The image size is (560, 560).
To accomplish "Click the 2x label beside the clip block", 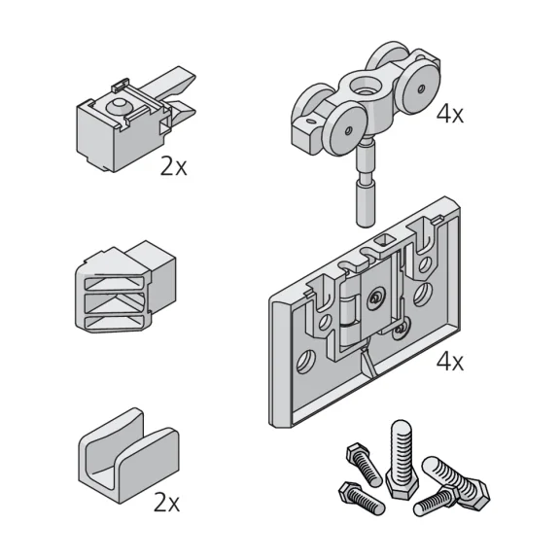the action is pyautogui.click(x=173, y=166).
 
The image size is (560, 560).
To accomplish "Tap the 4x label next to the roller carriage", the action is pyautogui.click(x=449, y=115).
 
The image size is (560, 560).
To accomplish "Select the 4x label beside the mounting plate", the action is pyautogui.click(x=449, y=362).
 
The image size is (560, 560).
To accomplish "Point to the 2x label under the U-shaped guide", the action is pyautogui.click(x=166, y=502).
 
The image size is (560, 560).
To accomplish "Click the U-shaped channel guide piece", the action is pyautogui.click(x=128, y=455).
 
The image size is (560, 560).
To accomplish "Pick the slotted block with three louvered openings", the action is pyautogui.click(x=125, y=286).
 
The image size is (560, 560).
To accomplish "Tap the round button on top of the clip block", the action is pyautogui.click(x=119, y=105).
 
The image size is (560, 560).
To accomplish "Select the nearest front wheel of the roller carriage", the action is pyautogui.click(x=343, y=128).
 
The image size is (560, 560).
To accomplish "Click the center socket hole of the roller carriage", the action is pyautogui.click(x=365, y=87).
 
